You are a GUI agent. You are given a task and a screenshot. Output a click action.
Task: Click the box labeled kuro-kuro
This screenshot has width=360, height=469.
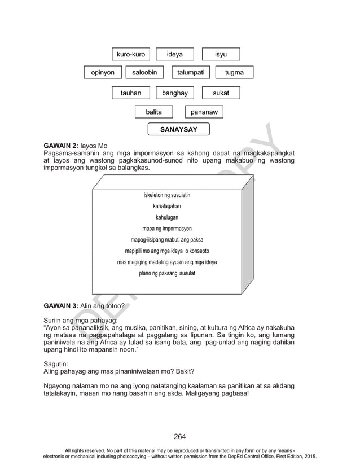tap(131, 54)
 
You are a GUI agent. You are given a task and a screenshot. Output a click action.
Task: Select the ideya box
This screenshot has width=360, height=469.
tap(174, 54)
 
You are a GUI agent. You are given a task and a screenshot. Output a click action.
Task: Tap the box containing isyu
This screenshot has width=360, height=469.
tap(221, 54)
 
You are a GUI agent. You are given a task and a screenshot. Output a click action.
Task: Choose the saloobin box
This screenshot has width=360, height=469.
tap(144, 72)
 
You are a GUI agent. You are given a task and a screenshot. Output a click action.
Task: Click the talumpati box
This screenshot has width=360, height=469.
tap(191, 72)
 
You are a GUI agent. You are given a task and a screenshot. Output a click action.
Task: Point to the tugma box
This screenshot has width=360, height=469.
tap(234, 72)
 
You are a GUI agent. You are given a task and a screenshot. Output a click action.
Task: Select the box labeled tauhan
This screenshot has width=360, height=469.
tap(131, 93)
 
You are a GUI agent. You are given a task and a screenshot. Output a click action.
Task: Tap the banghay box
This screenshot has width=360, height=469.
tap(174, 93)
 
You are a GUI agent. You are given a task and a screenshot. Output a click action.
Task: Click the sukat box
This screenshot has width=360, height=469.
tap(221, 93)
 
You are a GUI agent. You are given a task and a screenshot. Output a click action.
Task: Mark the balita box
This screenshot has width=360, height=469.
tap(153, 112)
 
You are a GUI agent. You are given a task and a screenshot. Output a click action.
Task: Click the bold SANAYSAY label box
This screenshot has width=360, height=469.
tap(178, 130)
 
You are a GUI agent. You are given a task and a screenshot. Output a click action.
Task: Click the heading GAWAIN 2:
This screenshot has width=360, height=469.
tap(62, 146)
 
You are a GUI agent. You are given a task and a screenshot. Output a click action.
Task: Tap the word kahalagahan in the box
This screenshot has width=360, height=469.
tap(167, 206)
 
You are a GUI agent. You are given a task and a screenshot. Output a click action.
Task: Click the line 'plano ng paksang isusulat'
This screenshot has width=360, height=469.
tap(167, 273)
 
